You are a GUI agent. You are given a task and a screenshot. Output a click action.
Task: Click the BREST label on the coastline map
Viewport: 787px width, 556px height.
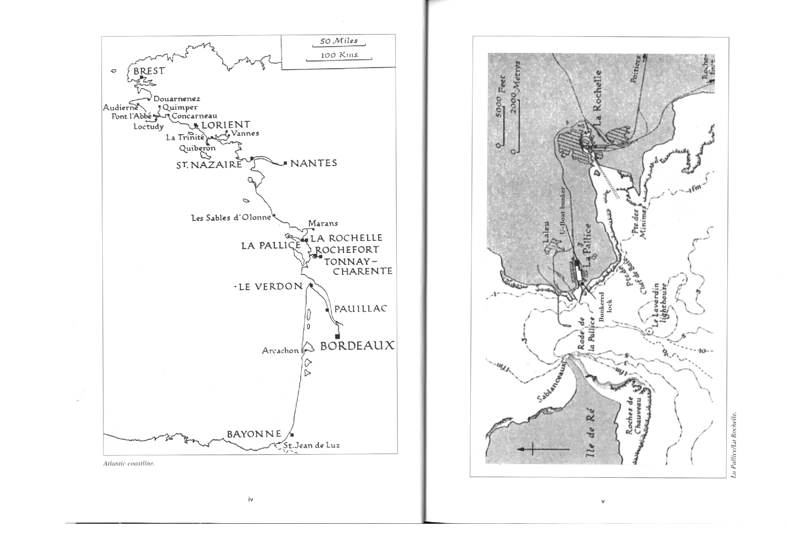click(149, 71)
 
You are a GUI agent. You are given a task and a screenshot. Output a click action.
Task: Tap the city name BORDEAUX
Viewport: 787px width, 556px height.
click(357, 346)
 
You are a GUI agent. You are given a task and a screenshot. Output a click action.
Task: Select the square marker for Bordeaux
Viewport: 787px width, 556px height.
click(337, 336)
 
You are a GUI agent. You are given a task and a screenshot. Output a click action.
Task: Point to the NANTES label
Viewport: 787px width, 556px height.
click(313, 163)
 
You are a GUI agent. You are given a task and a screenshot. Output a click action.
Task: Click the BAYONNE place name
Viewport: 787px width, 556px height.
click(254, 434)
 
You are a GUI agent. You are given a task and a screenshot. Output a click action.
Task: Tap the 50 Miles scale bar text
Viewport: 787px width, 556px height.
click(339, 41)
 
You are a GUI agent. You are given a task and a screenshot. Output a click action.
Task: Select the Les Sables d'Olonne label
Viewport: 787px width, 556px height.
click(231, 218)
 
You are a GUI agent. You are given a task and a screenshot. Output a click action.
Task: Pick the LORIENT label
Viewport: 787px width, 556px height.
click(226, 125)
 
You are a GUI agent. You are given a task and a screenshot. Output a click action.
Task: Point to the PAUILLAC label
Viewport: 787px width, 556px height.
click(361, 309)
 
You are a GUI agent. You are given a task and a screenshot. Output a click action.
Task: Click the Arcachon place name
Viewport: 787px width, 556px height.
click(280, 351)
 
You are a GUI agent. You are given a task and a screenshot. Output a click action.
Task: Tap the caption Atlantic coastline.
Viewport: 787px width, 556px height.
click(129, 463)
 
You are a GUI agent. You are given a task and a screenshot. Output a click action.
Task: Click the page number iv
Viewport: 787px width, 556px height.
click(250, 499)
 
